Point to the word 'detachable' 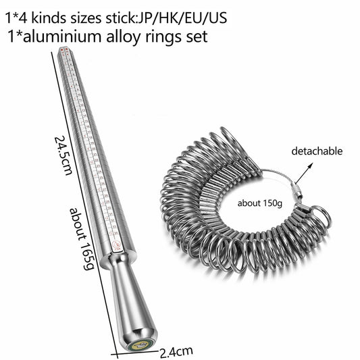(x=317, y=151)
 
